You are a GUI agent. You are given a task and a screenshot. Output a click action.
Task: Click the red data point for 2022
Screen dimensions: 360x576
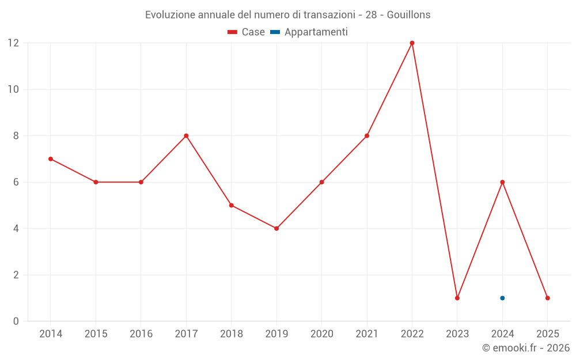(x=412, y=43)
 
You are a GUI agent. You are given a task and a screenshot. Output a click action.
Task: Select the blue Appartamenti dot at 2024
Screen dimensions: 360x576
(x=502, y=298)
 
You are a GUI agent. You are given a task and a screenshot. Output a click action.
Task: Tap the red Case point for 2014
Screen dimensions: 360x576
(x=51, y=159)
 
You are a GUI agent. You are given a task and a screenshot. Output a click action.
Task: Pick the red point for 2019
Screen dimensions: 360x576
(x=276, y=229)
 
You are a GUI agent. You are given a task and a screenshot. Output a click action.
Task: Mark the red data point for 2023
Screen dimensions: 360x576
(x=457, y=298)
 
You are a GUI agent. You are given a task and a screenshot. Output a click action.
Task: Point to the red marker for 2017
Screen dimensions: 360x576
(x=186, y=136)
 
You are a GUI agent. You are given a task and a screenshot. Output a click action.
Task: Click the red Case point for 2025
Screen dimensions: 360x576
(x=547, y=298)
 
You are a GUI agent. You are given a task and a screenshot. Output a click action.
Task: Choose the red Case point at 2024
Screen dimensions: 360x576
(x=502, y=182)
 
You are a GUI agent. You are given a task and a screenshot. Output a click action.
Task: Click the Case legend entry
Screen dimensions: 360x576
(x=247, y=32)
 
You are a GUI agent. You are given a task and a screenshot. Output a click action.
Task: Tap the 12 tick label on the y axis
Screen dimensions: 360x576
(x=13, y=43)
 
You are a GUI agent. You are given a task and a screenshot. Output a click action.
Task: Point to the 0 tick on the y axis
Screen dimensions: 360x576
(x=16, y=321)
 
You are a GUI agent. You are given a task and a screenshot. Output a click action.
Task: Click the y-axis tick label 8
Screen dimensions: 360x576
(x=16, y=136)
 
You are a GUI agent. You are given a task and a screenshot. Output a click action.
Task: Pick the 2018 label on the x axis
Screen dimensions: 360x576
(x=231, y=334)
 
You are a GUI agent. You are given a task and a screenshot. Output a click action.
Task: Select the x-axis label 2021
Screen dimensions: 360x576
(x=367, y=334)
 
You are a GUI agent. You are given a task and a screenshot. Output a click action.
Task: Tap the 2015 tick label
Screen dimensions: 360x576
(x=96, y=334)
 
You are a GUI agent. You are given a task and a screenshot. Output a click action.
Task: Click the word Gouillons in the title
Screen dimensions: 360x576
(x=408, y=15)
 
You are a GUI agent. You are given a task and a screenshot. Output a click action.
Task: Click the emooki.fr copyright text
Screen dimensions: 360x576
(x=525, y=348)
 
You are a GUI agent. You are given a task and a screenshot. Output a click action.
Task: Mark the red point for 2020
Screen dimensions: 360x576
(x=321, y=182)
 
